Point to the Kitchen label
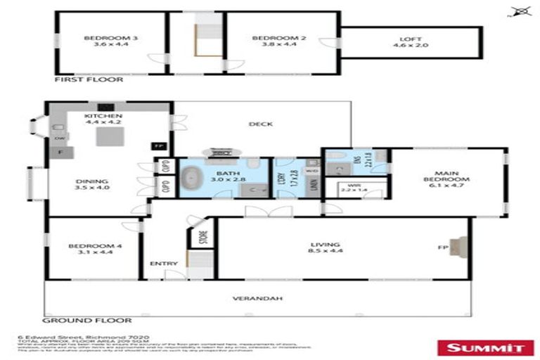pyautogui.click(x=103, y=116)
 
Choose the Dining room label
pyautogui.click(x=92, y=181)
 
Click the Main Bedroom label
pyautogui.click(x=451, y=176)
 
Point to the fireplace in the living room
pyautogui.click(x=457, y=247)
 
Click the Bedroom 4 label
pyautogui.click(x=87, y=246)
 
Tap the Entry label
pyautogui.click(x=160, y=264)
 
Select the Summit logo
pyautogui.click(x=485, y=346)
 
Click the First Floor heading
pyautogui.click(x=89, y=79)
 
